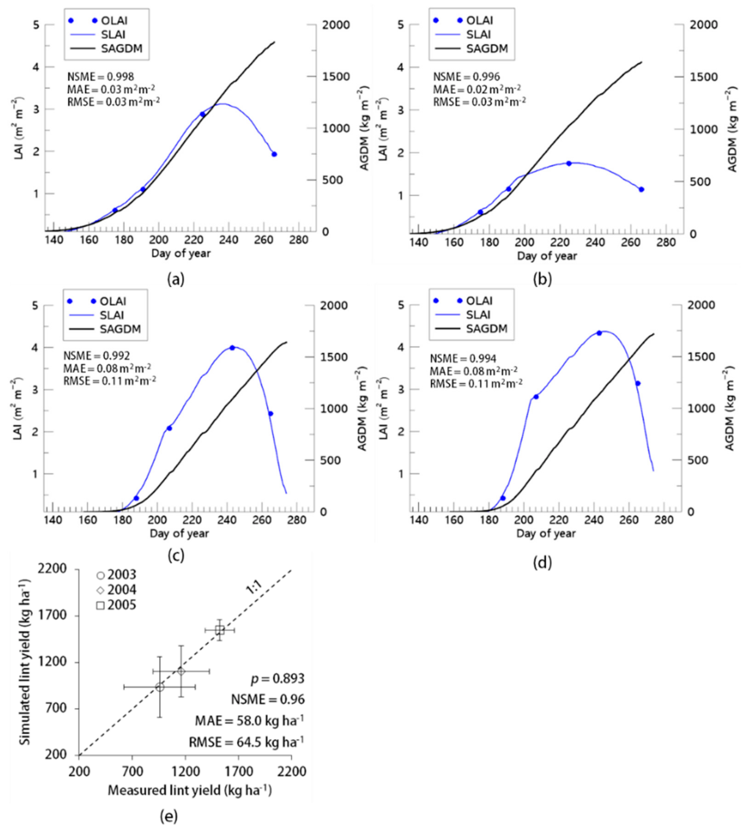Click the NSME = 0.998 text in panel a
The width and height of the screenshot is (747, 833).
click(100, 77)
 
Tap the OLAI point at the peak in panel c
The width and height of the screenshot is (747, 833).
click(232, 348)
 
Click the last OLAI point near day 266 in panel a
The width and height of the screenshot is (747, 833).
click(274, 154)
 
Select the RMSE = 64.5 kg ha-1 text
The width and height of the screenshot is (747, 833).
click(246, 742)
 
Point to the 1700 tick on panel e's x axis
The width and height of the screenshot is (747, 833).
click(239, 772)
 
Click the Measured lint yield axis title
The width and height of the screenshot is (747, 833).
click(190, 790)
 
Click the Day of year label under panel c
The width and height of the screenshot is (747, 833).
click(179, 533)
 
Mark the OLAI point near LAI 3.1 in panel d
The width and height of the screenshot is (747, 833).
click(638, 383)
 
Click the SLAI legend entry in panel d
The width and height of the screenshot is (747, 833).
click(478, 315)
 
